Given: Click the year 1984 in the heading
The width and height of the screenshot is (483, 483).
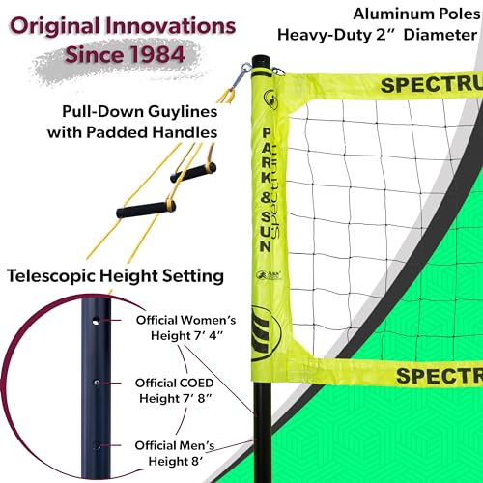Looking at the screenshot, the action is [157, 54].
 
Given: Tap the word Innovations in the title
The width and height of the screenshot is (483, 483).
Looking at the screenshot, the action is [171, 26].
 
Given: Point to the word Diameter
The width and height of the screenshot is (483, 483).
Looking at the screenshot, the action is [440, 35].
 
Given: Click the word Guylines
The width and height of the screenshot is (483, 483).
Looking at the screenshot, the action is [183, 112].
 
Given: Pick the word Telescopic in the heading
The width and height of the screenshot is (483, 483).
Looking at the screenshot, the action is [51, 276].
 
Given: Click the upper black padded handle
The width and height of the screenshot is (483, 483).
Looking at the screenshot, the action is [193, 173].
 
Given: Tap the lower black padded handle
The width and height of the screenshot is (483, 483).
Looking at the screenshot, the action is [146, 210].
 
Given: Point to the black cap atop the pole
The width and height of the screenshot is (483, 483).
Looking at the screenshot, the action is [263, 61].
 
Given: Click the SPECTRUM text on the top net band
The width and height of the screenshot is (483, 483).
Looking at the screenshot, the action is [432, 85].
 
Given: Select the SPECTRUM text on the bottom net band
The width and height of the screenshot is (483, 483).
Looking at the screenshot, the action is [440, 375].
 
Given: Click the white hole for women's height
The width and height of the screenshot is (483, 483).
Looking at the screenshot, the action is [96, 321].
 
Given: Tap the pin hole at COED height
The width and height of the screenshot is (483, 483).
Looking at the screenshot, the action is [97, 383].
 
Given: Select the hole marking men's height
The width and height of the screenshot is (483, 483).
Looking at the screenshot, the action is [97, 446].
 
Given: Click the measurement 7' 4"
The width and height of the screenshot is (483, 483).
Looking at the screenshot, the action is [209, 335].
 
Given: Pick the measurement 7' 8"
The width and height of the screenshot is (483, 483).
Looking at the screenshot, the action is [198, 398].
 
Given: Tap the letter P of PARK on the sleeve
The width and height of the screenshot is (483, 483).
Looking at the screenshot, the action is [267, 132].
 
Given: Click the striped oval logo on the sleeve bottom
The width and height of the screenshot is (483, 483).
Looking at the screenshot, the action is [266, 333].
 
